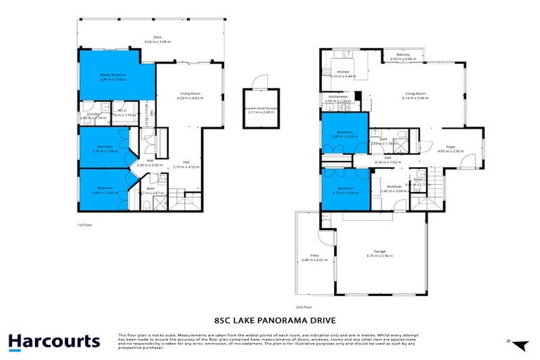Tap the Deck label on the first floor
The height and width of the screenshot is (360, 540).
(157, 39)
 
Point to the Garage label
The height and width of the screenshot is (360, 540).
(383, 252)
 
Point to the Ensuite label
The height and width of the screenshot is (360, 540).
(86, 114)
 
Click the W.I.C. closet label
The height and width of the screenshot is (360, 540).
(121, 110)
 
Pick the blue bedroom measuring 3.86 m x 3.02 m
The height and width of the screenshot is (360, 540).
(105, 189)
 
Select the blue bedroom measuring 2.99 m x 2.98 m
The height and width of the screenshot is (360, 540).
(344, 134)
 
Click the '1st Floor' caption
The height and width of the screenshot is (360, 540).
(85, 224)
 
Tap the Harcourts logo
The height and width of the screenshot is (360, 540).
(54, 342)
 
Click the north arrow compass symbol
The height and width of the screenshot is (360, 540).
(520, 344)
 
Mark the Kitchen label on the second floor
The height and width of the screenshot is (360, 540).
(343, 72)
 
